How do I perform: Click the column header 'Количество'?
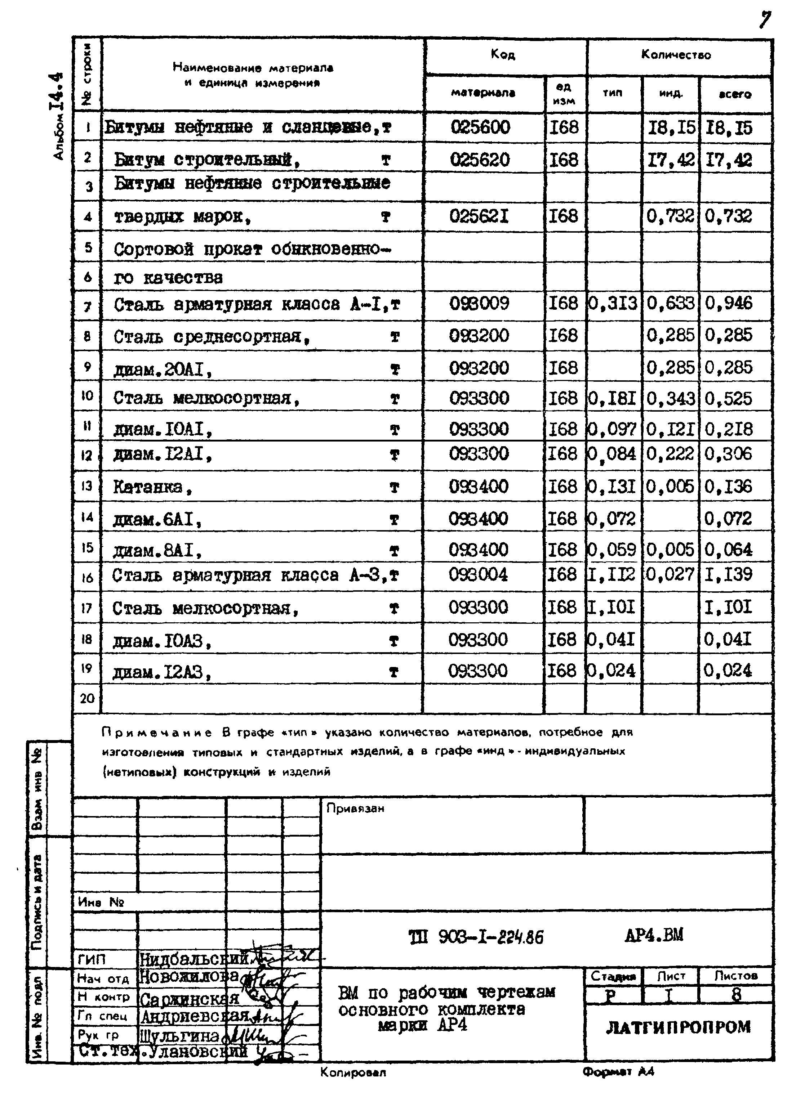[x=676, y=55]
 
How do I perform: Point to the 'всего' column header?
[x=735, y=94]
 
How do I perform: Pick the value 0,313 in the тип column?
[x=613, y=304]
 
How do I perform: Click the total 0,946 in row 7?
[x=729, y=304]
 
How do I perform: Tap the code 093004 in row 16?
[x=478, y=574]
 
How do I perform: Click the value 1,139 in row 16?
[x=729, y=574]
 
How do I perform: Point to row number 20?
[x=87, y=698]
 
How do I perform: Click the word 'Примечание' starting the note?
[x=157, y=733]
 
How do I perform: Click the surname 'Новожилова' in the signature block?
[x=189, y=976]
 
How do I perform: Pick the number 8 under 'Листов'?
[x=736, y=994]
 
